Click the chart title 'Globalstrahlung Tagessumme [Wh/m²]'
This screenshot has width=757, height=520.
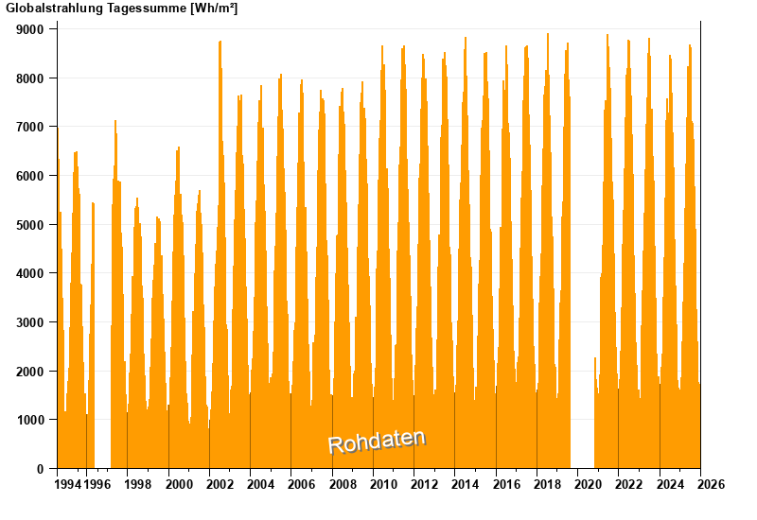coord(122,9)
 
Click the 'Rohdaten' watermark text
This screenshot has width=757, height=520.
coord(377,441)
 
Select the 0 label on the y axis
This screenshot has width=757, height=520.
coord(41,469)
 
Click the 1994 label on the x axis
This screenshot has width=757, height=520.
coord(67,485)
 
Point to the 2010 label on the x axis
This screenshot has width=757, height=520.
coord(383,485)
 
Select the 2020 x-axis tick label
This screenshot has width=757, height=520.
coord(588,485)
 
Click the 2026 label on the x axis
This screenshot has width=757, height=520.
coord(711,485)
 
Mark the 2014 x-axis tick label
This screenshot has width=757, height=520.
coord(465,485)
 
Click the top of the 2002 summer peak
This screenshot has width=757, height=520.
coord(220,42)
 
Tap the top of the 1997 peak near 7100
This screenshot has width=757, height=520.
coord(115,121)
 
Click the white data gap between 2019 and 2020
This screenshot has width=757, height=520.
coord(582,284)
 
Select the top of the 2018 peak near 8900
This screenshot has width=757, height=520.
coord(547,35)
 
